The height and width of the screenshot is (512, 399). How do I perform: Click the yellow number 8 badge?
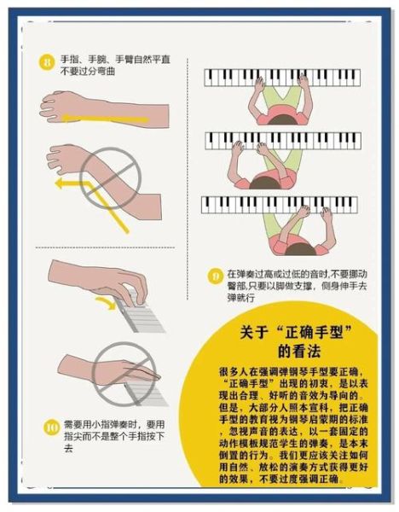[47, 61]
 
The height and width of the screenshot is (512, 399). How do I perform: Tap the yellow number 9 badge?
[217, 276]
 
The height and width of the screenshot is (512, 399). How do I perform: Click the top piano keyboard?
[282, 78]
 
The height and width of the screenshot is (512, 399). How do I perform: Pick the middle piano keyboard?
[282, 140]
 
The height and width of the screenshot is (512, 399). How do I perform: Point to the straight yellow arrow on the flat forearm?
[94, 118]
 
